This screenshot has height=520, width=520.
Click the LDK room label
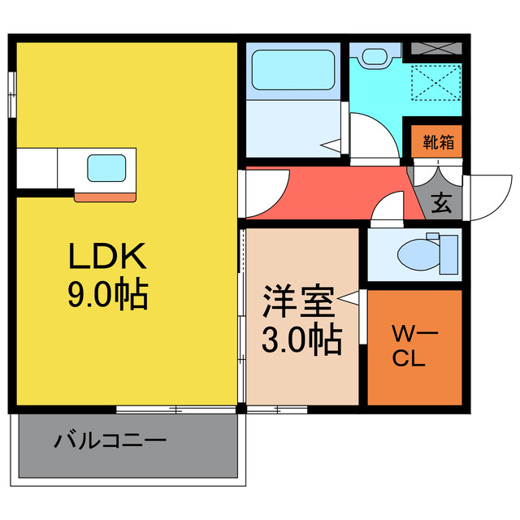click(106, 258)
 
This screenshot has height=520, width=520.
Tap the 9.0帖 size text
click(106, 294)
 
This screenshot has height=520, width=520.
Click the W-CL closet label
click(414, 344)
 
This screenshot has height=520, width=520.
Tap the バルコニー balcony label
click(110, 442)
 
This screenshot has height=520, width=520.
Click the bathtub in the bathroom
click(292, 71)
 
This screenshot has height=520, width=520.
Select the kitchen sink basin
click(106, 168)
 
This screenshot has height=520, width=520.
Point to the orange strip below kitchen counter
click(106, 196)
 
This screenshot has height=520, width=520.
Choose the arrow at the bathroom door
click(331, 146)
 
